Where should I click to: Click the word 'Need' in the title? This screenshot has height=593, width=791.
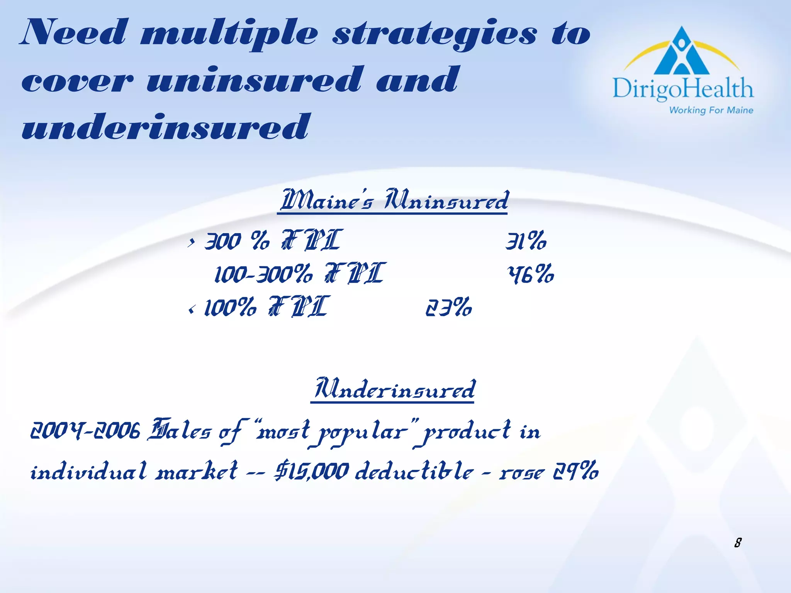click(73, 32)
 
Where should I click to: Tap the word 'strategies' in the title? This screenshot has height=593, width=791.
click(434, 35)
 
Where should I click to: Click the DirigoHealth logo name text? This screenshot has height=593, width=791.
click(682, 89)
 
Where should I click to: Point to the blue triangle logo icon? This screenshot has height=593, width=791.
click(682, 52)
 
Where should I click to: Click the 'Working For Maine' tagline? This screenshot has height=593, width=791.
click(711, 110)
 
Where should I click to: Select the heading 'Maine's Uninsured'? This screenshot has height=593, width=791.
click(394, 200)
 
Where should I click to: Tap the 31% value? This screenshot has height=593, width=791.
click(526, 241)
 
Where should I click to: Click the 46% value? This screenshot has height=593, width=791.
click(531, 274)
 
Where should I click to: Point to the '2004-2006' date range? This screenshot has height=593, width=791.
click(85, 431)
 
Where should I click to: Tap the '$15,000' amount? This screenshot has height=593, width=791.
click(311, 472)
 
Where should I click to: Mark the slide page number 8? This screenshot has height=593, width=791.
click(738, 543)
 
